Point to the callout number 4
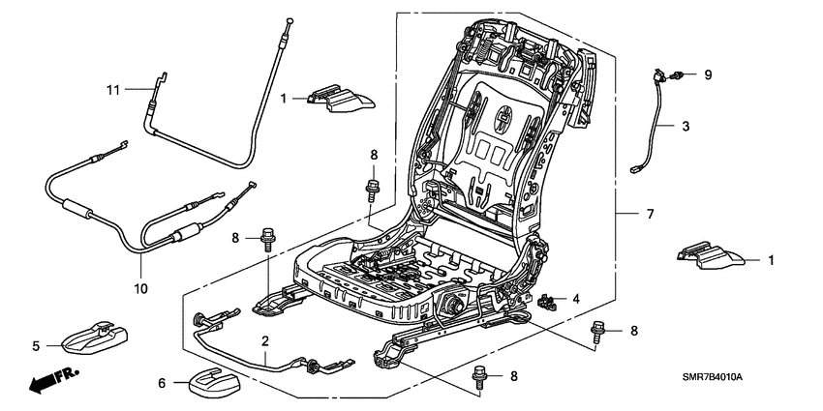pos(577,299)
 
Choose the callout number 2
pos(263,340)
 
